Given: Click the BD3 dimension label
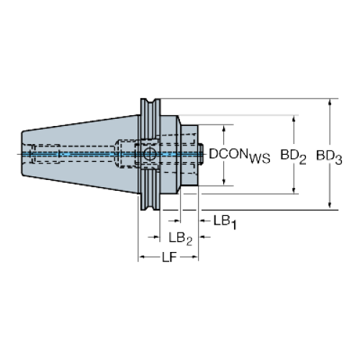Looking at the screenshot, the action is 329,157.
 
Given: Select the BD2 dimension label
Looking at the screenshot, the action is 293,157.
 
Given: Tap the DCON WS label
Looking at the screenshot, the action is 240,156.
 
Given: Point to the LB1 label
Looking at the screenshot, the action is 225,222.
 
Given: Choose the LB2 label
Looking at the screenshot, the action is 181,238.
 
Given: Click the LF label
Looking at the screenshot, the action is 169,258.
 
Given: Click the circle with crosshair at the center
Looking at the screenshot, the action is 150,154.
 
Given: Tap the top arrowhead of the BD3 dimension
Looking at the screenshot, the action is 330,102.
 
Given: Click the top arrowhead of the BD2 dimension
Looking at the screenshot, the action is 294,119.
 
